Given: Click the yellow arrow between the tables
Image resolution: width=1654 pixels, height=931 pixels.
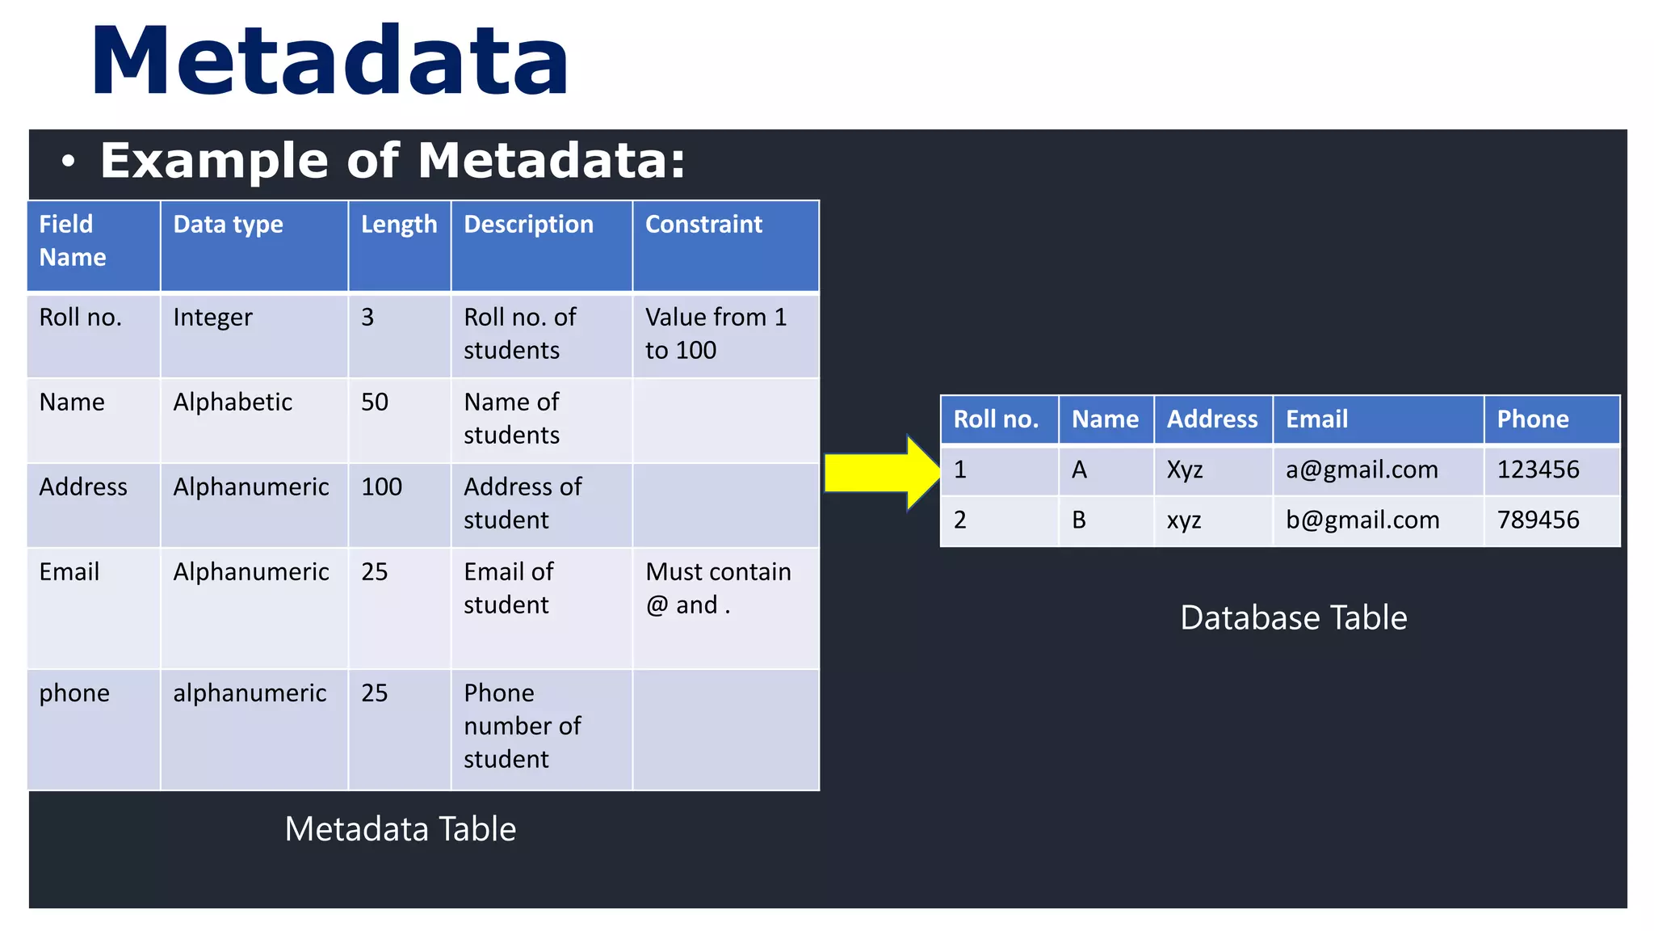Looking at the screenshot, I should (882, 474).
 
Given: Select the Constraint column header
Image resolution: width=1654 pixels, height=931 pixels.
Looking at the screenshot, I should (703, 225).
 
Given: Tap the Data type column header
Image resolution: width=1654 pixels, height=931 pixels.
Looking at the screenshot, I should (228, 225).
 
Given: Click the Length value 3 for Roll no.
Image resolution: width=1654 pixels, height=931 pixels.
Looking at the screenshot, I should (367, 318).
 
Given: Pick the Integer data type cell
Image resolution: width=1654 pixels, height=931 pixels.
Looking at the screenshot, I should (212, 318).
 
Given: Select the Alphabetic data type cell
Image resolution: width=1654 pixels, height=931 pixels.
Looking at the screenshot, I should (233, 402).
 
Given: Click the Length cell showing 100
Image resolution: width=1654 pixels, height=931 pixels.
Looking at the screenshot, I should (381, 487).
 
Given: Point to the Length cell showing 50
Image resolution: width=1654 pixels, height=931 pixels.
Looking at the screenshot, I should (375, 402).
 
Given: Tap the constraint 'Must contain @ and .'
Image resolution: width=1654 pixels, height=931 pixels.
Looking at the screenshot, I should (717, 588).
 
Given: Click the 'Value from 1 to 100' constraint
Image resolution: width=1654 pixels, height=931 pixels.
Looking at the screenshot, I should (715, 334).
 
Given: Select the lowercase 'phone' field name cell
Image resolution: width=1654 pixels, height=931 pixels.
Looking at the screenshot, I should (74, 693).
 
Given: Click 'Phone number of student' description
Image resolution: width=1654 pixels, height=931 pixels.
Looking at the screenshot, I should (522, 726).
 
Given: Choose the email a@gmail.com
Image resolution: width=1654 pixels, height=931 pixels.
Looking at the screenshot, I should (1362, 470).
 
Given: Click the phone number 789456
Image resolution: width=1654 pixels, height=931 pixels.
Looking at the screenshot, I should (1538, 520).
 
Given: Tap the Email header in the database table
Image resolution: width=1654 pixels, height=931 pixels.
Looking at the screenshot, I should (1316, 419).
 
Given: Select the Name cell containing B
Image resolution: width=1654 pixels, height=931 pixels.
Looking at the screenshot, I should (1079, 520).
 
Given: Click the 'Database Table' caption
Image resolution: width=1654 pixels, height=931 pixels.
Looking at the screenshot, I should (1293, 618).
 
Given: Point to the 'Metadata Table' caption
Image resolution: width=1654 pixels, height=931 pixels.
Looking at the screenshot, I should (400, 829).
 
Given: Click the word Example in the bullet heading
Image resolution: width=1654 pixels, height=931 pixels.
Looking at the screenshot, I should (213, 160).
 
